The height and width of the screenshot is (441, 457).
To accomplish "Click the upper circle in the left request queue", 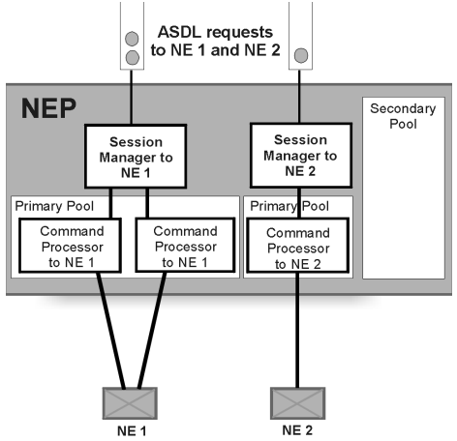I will pos(133,39).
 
